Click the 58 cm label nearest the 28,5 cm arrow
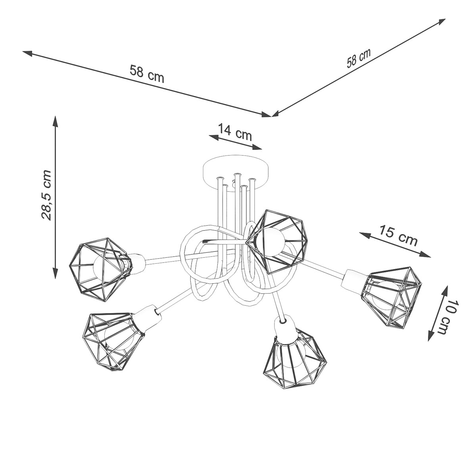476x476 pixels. click(x=146, y=73)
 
